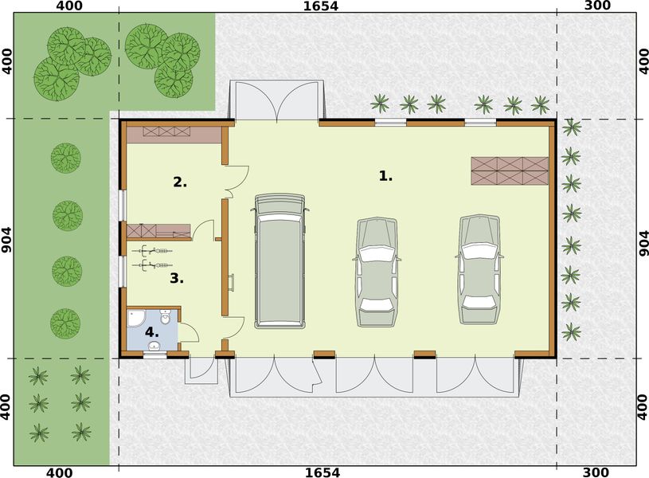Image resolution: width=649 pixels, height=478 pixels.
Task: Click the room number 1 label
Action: click(385, 176)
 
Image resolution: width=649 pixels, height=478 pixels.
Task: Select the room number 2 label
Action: click(180, 182)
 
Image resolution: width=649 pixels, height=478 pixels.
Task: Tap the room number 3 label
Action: click(177, 279)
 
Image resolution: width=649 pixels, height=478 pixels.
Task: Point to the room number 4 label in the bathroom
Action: click(151, 331)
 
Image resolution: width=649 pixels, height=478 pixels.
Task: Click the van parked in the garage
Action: click(280, 261)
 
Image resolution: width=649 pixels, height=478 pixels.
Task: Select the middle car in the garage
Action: click(377, 271)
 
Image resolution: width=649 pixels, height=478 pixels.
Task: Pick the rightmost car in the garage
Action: click(479, 269)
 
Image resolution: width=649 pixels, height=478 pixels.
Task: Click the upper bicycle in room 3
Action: click(154, 250)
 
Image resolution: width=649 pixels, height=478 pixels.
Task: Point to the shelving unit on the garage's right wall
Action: click(510, 170)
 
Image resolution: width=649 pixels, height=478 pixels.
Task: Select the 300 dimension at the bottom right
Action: click(596, 472)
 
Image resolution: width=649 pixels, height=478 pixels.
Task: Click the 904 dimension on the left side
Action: click(7, 238)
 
